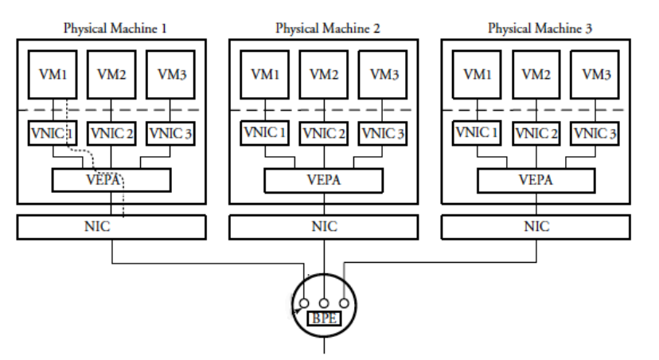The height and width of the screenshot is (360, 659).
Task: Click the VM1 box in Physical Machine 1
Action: pyautogui.click(x=52, y=75)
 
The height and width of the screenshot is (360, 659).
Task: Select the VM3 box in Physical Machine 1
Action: pyautogui.click(x=166, y=75)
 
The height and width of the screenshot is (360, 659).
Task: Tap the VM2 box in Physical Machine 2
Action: pyautogui.click(x=324, y=75)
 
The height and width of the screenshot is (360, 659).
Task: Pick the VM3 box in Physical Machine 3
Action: pyautogui.click(x=596, y=75)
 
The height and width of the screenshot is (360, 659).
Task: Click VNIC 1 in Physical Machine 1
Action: pyautogui.click(x=53, y=133)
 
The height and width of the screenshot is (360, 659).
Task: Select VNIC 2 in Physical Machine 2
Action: pyautogui.click(x=326, y=133)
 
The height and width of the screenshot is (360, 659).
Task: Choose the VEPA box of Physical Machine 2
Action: pyautogui.click(x=325, y=180)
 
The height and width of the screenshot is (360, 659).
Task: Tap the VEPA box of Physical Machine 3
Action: pyautogui.click(x=537, y=180)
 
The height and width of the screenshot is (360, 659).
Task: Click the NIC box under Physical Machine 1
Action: pyautogui.click(x=111, y=227)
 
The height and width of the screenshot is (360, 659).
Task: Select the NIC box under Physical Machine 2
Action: pyautogui.click(x=325, y=227)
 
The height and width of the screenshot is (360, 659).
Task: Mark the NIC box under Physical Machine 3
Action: pyautogui.click(x=537, y=227)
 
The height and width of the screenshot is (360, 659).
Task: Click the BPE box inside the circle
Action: pyautogui.click(x=323, y=319)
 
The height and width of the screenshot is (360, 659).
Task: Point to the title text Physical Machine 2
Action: pyautogui.click(x=327, y=28)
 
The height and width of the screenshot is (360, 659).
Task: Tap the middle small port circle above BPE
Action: pyautogui.click(x=324, y=303)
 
